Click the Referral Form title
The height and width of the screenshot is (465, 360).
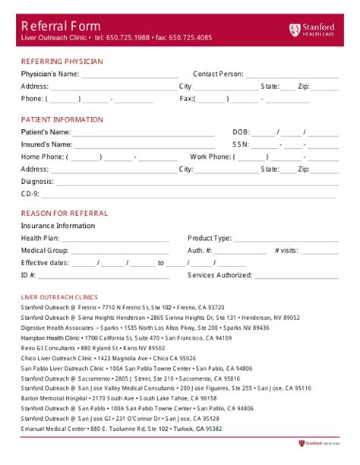(60, 25)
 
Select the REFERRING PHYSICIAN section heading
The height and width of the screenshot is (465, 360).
(62, 61)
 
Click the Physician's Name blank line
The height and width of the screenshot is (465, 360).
(125, 75)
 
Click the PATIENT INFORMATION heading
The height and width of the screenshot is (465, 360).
(62, 119)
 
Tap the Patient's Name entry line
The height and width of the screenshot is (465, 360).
(137, 133)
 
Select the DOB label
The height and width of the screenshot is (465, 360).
(240, 132)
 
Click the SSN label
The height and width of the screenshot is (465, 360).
(240, 144)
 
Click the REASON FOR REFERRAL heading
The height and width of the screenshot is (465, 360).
(64, 214)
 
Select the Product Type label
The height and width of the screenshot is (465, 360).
(210, 239)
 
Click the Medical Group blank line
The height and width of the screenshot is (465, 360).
(118, 251)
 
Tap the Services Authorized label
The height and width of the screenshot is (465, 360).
(219, 275)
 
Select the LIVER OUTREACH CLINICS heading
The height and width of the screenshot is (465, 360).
(59, 296)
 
